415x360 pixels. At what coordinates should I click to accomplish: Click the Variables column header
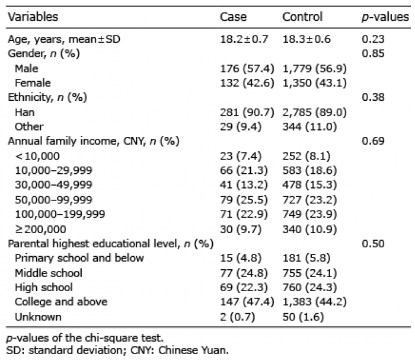click(x=33, y=17)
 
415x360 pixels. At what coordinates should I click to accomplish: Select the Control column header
click(x=302, y=17)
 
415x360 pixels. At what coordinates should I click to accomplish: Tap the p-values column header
click(x=385, y=17)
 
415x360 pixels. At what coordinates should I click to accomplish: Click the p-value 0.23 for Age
click(x=373, y=39)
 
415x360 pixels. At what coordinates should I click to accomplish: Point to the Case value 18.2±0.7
click(x=244, y=39)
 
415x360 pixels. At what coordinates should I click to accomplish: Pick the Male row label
click(x=27, y=69)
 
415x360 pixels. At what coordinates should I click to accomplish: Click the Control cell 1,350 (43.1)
click(x=315, y=83)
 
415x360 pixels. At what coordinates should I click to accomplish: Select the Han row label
click(x=25, y=112)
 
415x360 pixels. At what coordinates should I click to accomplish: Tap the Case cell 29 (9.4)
click(x=241, y=127)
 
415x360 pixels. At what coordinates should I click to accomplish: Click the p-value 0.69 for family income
click(x=373, y=141)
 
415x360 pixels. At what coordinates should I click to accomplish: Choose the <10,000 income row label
click(x=37, y=156)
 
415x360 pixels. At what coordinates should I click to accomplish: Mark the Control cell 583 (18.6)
click(x=309, y=170)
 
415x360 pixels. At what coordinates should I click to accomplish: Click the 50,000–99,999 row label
click(x=53, y=200)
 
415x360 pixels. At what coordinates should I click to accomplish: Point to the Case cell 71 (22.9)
click(x=244, y=214)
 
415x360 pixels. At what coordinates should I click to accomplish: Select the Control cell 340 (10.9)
click(x=309, y=230)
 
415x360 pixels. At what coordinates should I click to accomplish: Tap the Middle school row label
click(x=49, y=273)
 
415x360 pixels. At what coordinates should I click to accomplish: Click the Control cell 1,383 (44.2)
click(x=315, y=302)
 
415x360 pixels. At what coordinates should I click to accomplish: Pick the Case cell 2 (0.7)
click(x=237, y=317)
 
